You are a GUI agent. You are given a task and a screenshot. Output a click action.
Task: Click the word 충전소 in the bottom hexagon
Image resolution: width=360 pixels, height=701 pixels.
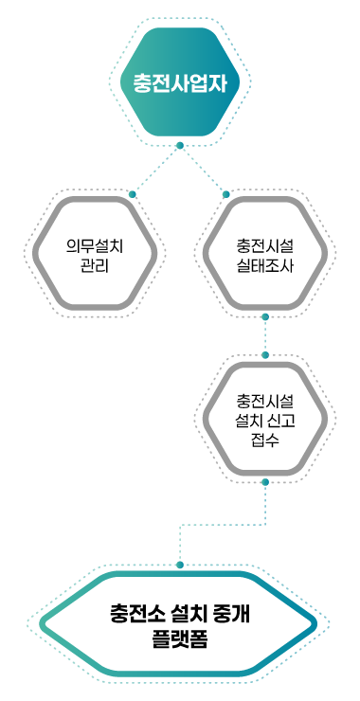tap(134, 614)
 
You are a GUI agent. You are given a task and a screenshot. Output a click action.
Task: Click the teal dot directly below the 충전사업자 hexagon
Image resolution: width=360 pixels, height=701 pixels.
tap(180, 144)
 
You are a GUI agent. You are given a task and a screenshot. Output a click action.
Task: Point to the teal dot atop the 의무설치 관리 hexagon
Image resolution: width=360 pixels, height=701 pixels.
tap(133, 194)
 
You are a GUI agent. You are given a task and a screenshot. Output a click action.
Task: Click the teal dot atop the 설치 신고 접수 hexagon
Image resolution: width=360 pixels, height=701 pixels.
tap(265, 355)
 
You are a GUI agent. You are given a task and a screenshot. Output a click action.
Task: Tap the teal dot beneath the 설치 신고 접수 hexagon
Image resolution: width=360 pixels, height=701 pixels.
tap(265, 482)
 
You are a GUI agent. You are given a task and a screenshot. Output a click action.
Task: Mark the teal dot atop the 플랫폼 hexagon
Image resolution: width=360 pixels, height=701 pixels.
tap(180, 565)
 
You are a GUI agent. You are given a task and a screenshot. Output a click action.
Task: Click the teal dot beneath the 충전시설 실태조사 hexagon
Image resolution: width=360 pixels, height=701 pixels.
tap(265, 318)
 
